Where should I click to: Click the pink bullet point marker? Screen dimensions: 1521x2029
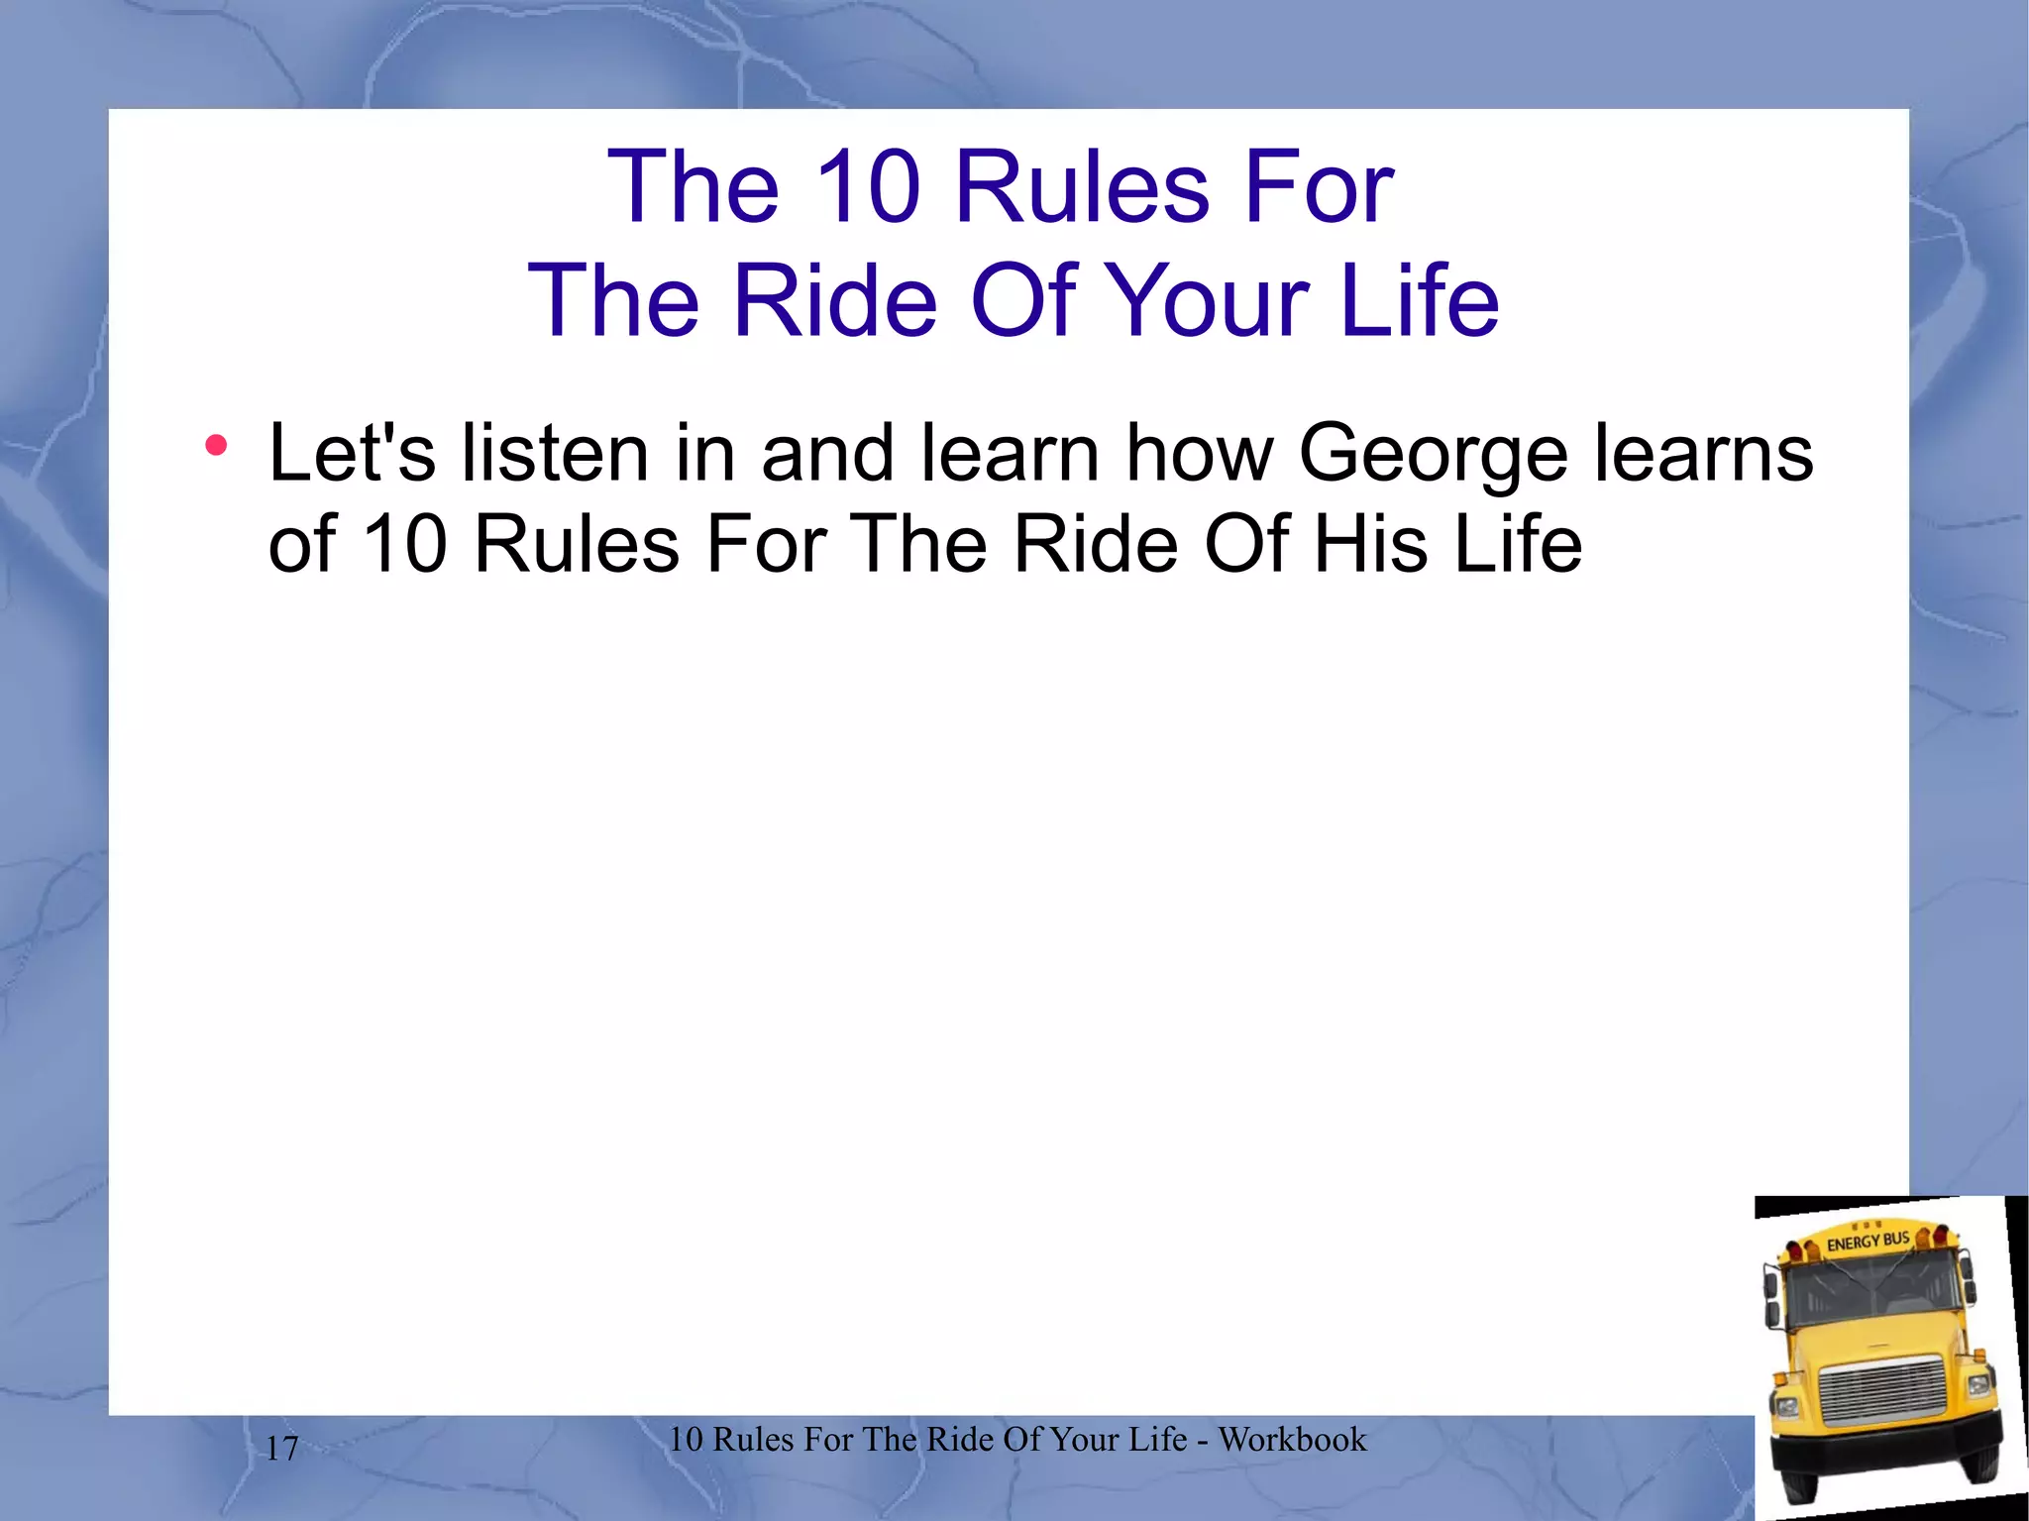tap(216, 446)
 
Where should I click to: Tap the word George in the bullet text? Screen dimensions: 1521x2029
tap(1433, 455)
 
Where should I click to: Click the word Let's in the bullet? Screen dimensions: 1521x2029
tap(352, 453)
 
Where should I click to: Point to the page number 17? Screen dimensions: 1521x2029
tap(282, 1449)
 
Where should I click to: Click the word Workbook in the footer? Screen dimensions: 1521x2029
tap(1292, 1439)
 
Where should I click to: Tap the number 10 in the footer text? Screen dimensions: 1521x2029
tap(686, 1439)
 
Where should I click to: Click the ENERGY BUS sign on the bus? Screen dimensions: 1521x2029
tap(1868, 1241)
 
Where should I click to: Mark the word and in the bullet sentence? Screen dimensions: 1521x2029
tap(827, 453)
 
